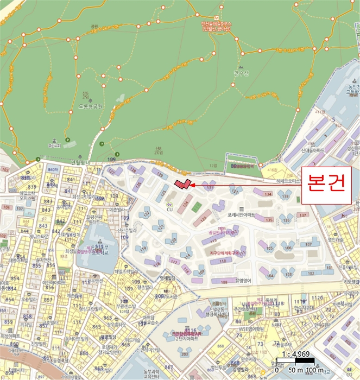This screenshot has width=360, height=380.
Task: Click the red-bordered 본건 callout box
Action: pos(327,185)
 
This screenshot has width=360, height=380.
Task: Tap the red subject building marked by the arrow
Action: pos(183,184)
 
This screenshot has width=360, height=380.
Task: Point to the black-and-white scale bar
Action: pos(295,360)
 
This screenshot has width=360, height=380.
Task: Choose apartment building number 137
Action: pos(302,216)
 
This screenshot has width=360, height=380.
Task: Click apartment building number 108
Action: pos(224,282)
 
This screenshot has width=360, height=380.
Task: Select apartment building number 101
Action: pos(328,268)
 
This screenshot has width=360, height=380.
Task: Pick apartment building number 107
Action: pos(309,244)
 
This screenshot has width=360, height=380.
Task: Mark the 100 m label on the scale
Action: pos(313,370)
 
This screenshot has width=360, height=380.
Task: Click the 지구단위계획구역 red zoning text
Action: pos(220,252)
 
